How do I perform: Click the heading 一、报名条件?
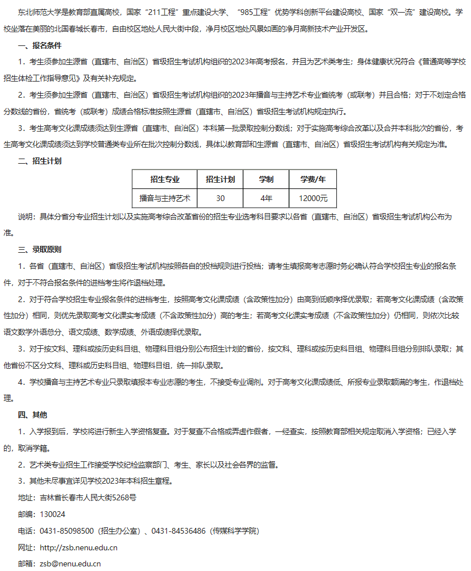[x=40, y=45]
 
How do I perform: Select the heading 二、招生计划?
[x=40, y=161]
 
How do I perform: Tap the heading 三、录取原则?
[x=40, y=250]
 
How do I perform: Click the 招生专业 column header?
[x=164, y=179]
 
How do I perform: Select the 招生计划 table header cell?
[x=220, y=179]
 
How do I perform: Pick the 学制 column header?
[x=266, y=179]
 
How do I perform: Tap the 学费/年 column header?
[x=313, y=179]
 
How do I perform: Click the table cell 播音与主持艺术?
[x=164, y=198]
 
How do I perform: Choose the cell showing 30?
[x=220, y=198]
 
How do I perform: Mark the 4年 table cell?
[x=266, y=198]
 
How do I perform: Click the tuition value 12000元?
[x=313, y=198]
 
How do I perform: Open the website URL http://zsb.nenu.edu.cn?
[x=79, y=547]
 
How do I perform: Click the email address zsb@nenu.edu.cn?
[x=70, y=564]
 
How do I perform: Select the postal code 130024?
[x=53, y=514]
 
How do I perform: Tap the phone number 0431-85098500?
[x=66, y=531]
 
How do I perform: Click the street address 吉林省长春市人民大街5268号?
[x=88, y=497]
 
